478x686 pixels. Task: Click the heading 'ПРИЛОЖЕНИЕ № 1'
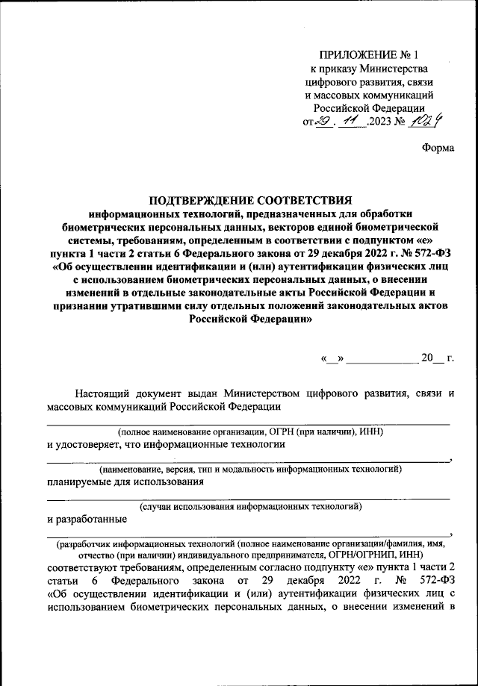[x=370, y=55]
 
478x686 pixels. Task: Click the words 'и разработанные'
[x=86, y=520]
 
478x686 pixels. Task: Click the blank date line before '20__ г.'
[x=383, y=361]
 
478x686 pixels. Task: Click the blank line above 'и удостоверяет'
[x=248, y=422]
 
